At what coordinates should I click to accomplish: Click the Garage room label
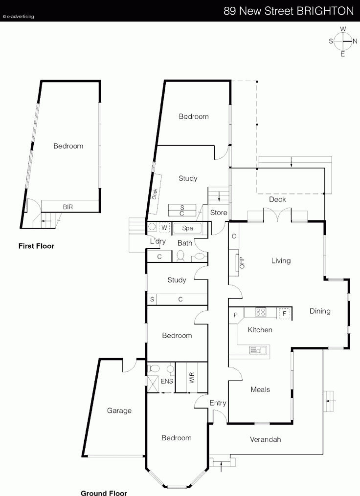point(119,410)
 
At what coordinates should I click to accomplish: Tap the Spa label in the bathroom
point(187,228)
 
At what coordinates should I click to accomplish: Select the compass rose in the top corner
point(343,41)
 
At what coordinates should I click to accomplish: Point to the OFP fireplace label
point(242,263)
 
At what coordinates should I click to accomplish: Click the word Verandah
point(265,439)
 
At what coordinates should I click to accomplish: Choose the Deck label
point(277,199)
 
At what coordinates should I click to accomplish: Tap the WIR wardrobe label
point(192,378)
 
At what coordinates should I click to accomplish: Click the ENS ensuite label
point(167,381)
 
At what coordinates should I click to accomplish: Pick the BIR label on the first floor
point(68,207)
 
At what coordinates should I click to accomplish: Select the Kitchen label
point(260,330)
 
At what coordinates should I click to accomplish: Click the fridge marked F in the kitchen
point(284,313)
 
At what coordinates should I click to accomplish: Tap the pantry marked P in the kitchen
point(236,315)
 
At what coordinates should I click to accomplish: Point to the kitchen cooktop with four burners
point(261,313)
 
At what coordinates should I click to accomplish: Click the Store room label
point(219,213)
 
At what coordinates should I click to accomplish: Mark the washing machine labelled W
point(164,227)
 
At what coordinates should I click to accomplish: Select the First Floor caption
point(36,246)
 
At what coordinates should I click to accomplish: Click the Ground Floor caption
point(104,493)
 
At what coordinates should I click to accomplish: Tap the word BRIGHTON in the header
point(325,11)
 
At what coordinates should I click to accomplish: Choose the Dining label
point(320,311)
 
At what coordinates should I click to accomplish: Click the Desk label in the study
point(155,194)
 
